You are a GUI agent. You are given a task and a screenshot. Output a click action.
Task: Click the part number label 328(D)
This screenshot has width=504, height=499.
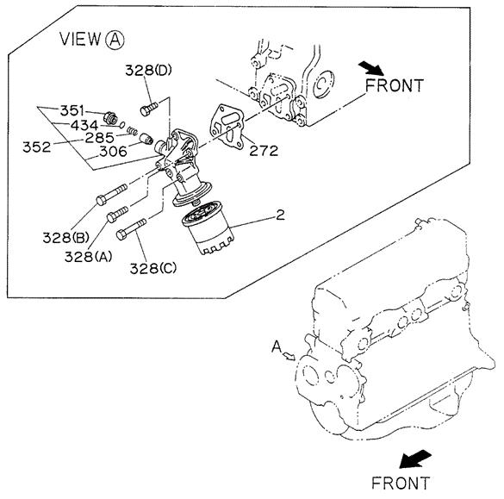click(148, 70)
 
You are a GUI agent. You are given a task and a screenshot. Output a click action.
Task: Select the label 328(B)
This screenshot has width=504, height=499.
click(65, 238)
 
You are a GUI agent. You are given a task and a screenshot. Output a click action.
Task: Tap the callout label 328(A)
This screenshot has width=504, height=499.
click(88, 257)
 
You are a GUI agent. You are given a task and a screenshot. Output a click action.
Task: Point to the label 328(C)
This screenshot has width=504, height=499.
click(153, 269)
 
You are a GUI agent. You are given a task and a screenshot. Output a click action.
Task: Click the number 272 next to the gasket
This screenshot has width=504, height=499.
click(264, 151)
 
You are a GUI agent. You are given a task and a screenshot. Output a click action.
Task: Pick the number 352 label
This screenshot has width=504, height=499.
click(37, 147)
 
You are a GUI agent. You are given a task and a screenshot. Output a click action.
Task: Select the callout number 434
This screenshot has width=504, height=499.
click(84, 125)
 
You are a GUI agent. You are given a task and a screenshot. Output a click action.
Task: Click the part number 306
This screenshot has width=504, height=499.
click(113, 152)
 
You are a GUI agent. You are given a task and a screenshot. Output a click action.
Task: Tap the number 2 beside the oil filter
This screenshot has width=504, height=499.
click(280, 215)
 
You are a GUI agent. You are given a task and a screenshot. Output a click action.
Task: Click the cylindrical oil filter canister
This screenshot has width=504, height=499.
click(208, 228)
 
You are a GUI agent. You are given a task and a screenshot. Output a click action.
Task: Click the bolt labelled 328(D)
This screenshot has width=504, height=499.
click(149, 109)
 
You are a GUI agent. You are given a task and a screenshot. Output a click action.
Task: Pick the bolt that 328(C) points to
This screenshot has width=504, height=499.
click(131, 229)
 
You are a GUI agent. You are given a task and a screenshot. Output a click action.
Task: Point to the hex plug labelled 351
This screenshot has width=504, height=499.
click(110, 118)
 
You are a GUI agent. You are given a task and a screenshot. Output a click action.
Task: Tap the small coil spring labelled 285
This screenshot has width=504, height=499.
click(132, 130)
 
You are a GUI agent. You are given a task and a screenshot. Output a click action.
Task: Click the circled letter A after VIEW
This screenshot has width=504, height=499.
click(115, 40)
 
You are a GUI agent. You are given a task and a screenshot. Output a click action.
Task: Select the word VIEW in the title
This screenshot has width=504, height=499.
click(80, 39)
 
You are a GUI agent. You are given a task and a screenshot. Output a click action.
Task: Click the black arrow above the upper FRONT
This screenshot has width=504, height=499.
click(371, 68)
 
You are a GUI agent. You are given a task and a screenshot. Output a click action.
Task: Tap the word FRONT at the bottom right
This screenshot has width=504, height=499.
click(400, 483)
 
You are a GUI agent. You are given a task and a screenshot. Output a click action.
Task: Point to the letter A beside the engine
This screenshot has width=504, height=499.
click(277, 347)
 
